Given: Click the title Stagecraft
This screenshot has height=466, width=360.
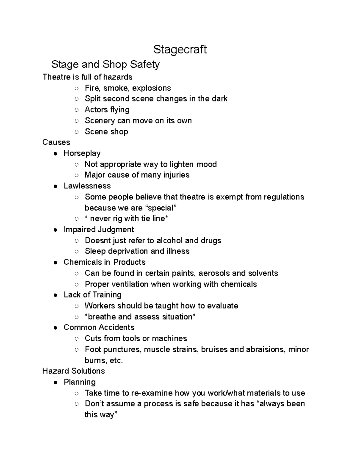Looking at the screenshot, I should point(180,50).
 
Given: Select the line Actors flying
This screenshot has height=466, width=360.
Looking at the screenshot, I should point(107,110).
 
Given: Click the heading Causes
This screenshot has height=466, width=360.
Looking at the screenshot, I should point(56,142).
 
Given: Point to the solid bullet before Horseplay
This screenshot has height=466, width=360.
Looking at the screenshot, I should point(55,154).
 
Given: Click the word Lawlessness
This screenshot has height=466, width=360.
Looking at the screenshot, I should point(87,186).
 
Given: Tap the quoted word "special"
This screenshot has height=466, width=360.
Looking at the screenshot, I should point(161,208).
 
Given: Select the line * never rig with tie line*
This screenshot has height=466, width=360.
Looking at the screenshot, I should point(126,219).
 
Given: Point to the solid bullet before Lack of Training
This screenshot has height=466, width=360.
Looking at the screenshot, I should point(55,295).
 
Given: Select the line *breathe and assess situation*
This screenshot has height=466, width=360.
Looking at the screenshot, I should point(140,317).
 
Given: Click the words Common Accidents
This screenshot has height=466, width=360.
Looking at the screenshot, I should point(99,327).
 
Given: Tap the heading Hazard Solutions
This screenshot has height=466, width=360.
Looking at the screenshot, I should point(73,371).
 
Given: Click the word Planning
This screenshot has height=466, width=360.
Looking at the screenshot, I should point(79,382).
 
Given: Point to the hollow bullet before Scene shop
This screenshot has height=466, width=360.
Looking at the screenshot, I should point(76,132).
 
